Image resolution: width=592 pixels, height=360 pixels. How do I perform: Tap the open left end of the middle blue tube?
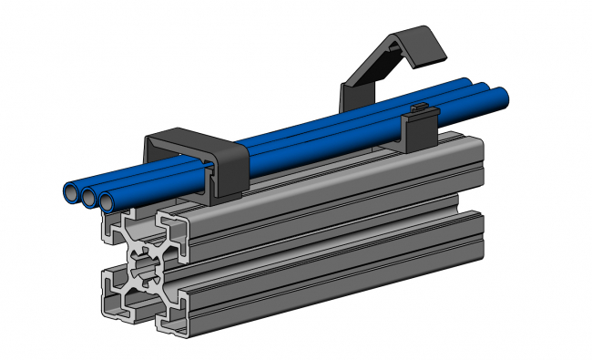(x=91, y=197)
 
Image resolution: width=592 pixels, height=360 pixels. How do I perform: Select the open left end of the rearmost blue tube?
(x=71, y=193)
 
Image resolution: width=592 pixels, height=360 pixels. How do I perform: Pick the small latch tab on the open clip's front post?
(x=420, y=108)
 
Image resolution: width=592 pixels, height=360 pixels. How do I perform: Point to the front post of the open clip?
(x=420, y=132)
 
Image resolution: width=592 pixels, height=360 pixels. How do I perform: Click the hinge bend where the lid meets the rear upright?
(x=350, y=85)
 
